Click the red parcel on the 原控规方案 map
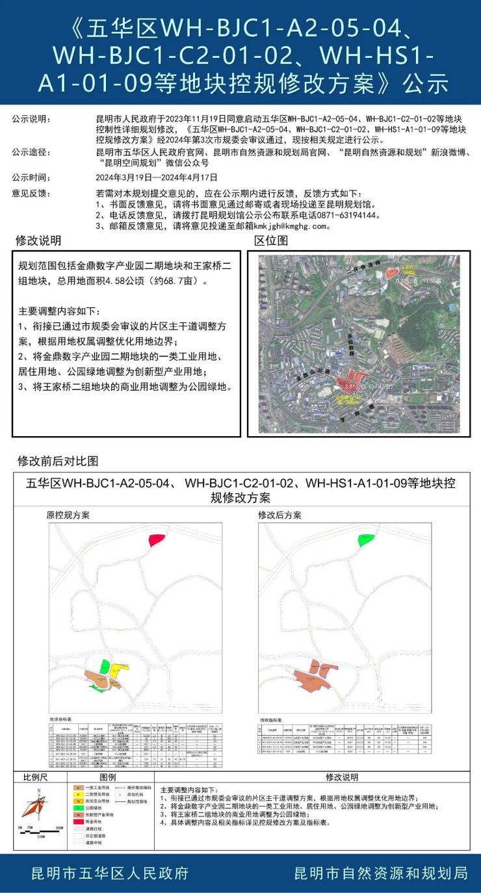tap(156, 539)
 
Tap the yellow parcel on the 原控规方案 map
tap(116, 670)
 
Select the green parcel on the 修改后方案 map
tap(366, 539)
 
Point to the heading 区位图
tap(270, 241)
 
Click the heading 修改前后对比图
tap(58, 461)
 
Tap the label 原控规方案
tap(68, 515)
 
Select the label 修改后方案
tap(279, 515)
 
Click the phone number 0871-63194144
tap(342, 215)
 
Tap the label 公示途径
tap(30, 152)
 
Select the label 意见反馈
tap(30, 193)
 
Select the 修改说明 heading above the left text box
tap(38, 241)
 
